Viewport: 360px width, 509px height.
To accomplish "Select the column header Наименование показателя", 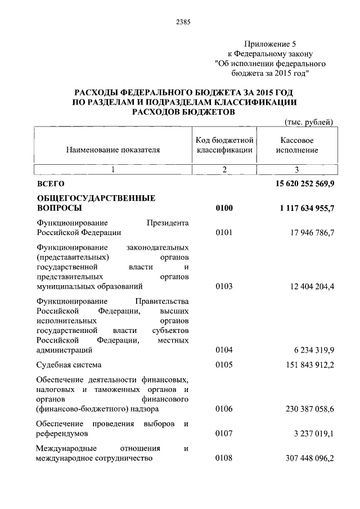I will pyautogui.click(x=113, y=150).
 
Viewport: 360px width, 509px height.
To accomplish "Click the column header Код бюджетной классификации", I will pyautogui.click(x=224, y=145).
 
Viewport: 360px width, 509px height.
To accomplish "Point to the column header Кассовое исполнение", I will pyautogui.click(x=296, y=145).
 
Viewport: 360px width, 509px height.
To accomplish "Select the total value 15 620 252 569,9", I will pyautogui.click(x=298, y=184).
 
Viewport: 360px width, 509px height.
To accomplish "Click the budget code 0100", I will pyautogui.click(x=224, y=208).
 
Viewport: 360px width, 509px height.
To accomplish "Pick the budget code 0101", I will pyautogui.click(x=224, y=232).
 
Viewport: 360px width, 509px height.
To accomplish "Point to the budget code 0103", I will pyautogui.click(x=224, y=287).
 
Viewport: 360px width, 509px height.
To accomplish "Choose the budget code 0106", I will pyautogui.click(x=224, y=409).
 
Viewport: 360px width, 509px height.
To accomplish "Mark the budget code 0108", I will pyautogui.click(x=224, y=458).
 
